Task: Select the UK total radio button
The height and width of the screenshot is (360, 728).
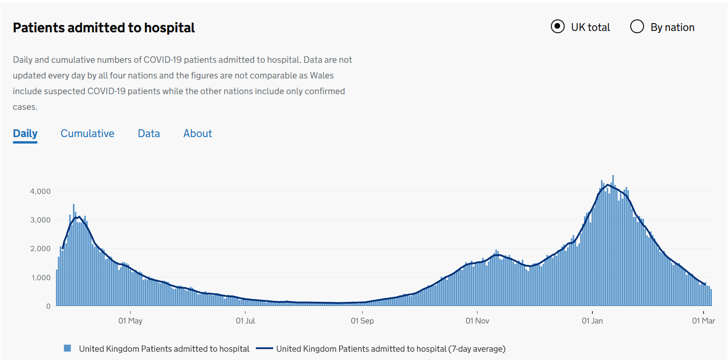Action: (558, 27)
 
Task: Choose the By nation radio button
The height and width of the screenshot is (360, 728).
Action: (637, 27)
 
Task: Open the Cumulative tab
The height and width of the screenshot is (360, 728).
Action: (88, 133)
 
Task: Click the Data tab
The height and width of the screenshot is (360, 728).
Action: (149, 133)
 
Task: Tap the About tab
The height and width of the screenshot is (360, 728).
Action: (198, 133)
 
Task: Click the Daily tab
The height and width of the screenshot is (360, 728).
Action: (25, 133)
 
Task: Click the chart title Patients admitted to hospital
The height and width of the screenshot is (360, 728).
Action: (104, 28)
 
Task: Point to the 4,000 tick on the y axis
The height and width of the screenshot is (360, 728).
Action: (41, 191)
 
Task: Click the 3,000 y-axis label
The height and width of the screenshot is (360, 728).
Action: (41, 220)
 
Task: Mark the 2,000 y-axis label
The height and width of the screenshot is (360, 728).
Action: (41, 248)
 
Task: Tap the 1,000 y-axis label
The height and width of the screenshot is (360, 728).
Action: (41, 277)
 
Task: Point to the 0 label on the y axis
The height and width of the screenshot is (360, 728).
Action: (48, 306)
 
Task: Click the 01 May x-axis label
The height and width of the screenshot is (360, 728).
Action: (131, 321)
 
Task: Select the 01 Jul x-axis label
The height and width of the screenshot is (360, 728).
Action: (245, 321)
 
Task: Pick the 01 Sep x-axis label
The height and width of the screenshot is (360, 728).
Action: (362, 321)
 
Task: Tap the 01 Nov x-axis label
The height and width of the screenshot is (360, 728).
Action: (477, 321)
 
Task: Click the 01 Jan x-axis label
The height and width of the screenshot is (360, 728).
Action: (592, 321)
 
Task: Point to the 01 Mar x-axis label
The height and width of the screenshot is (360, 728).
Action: (704, 321)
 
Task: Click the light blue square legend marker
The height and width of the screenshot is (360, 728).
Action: (67, 348)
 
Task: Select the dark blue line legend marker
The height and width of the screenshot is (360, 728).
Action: (264, 348)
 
